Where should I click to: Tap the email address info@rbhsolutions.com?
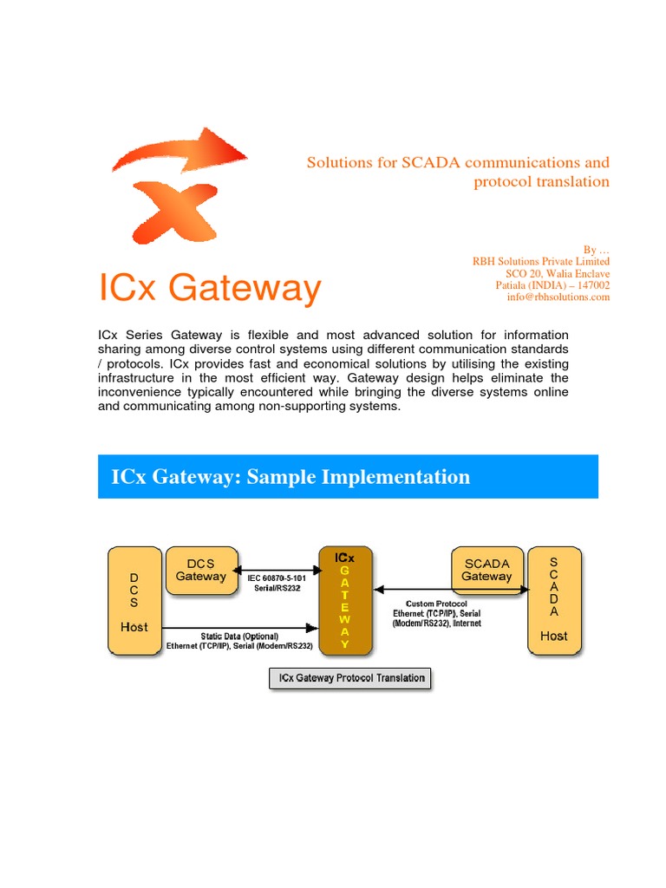click(x=558, y=297)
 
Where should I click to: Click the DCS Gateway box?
click(x=200, y=570)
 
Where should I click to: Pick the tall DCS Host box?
click(x=134, y=599)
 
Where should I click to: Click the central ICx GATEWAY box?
click(x=345, y=599)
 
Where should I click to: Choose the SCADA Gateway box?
click(x=486, y=570)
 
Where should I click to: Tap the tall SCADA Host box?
click(x=553, y=599)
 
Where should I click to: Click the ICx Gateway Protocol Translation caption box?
click(x=349, y=678)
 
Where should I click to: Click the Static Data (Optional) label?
click(x=239, y=637)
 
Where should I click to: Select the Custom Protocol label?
click(x=442, y=603)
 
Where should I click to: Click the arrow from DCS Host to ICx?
click(x=239, y=626)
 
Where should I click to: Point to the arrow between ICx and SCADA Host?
click(x=450, y=591)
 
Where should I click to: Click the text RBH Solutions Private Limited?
click(x=540, y=261)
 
